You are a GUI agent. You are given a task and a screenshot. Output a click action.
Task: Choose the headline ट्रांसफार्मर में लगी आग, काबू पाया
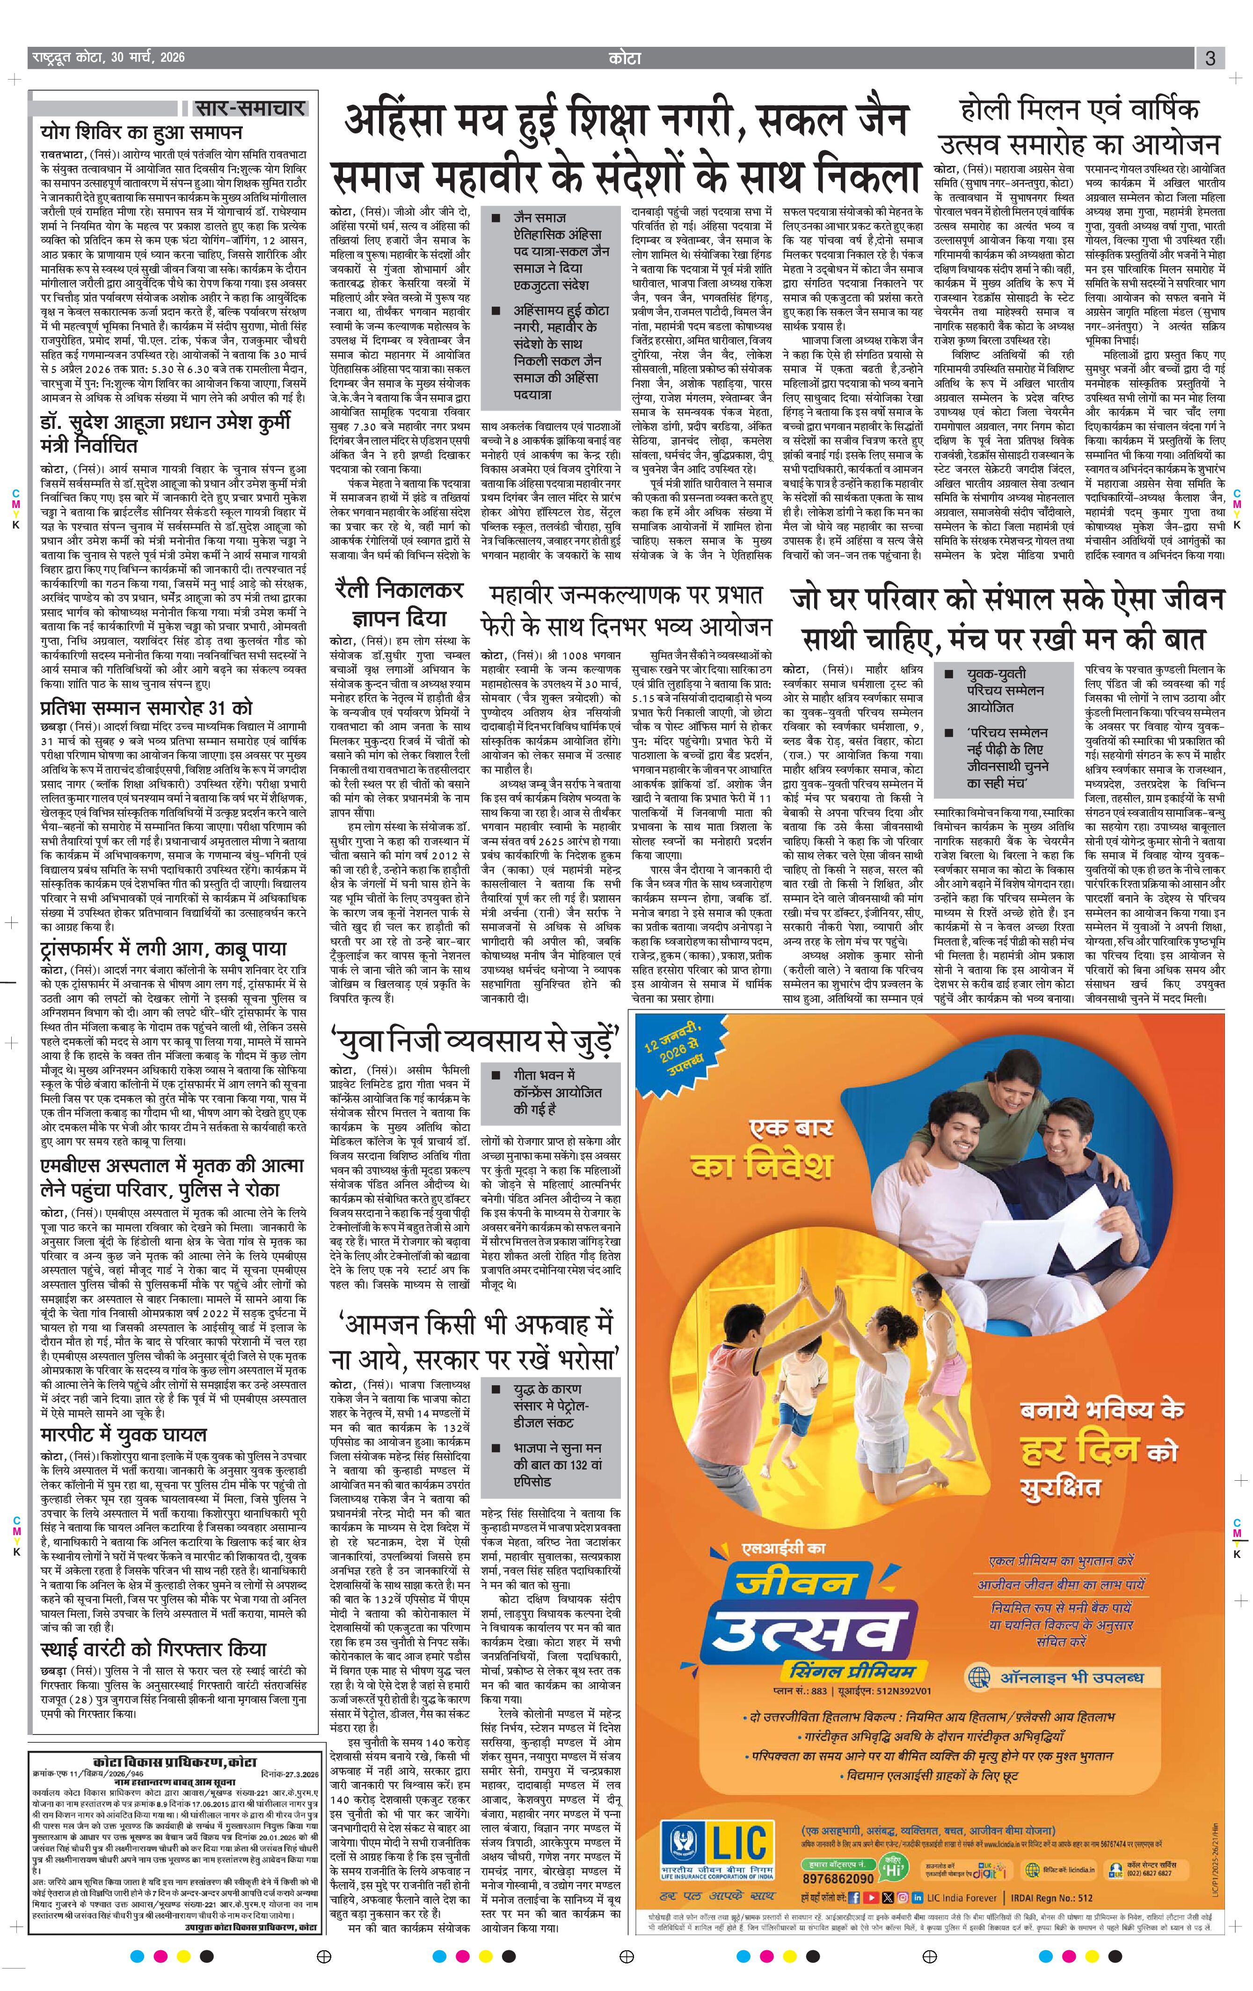coord(164,948)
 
